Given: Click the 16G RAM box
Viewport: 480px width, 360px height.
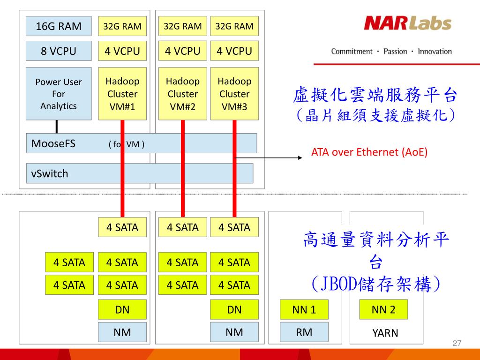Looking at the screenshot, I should pyautogui.click(x=59, y=26).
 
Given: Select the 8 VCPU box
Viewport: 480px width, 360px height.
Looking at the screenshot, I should pyautogui.click(x=59, y=51).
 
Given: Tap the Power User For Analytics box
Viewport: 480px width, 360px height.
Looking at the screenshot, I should pyautogui.click(x=59, y=94).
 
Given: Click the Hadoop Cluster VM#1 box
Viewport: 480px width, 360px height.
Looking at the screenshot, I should pyautogui.click(x=122, y=94).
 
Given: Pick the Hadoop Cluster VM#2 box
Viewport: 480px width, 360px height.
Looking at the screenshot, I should pyautogui.click(x=183, y=94).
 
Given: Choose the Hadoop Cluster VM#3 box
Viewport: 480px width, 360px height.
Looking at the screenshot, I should pyautogui.click(x=234, y=94).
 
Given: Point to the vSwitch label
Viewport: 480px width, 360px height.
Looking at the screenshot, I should pyautogui.click(x=50, y=173).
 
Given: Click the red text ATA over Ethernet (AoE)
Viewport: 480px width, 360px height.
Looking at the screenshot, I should pyautogui.click(x=369, y=152).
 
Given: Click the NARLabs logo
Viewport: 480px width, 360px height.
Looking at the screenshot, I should pyautogui.click(x=407, y=23).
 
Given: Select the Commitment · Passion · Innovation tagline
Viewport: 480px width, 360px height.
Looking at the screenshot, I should pyautogui.click(x=391, y=52).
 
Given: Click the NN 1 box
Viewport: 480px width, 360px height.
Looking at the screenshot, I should pyautogui.click(x=304, y=309).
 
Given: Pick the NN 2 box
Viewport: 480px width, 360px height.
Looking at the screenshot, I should pyautogui.click(x=383, y=309).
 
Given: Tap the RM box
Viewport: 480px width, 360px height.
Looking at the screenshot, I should pyautogui.click(x=304, y=332).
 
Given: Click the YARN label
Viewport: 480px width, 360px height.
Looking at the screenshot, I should pyautogui.click(x=385, y=333).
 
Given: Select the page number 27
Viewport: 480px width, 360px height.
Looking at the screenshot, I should pyautogui.click(x=457, y=344).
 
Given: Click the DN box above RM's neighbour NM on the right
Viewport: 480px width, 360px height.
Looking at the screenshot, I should pyautogui.click(x=234, y=309).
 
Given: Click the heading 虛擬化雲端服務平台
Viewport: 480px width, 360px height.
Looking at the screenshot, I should pyautogui.click(x=375, y=95).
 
